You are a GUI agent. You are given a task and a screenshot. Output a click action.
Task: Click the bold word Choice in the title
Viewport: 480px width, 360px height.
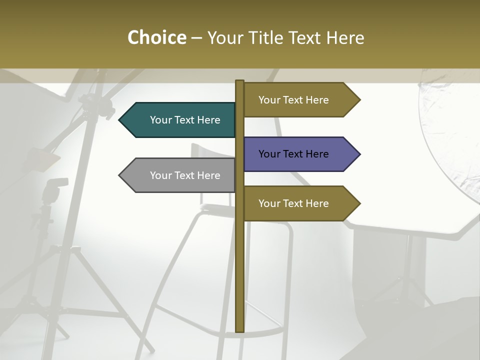[x=156, y=37]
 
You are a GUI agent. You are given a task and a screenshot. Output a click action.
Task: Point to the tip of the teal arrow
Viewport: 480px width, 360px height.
[x=120, y=120]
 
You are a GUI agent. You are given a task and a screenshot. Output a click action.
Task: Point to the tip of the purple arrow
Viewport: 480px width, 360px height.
[x=359, y=154]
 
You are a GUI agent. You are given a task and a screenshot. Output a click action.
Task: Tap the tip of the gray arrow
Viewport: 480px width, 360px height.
[x=120, y=175]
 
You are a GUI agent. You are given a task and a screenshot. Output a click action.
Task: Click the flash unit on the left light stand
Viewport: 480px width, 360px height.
[x=54, y=189]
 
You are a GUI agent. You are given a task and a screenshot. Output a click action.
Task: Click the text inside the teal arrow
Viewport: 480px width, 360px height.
[x=185, y=120]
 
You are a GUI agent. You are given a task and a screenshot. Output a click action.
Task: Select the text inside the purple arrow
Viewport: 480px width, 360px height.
[x=293, y=154]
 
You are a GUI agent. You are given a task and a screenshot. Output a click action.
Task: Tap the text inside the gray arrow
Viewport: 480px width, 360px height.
[x=185, y=175]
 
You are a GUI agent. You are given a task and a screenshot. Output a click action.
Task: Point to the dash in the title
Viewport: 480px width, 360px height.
[x=196, y=38]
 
